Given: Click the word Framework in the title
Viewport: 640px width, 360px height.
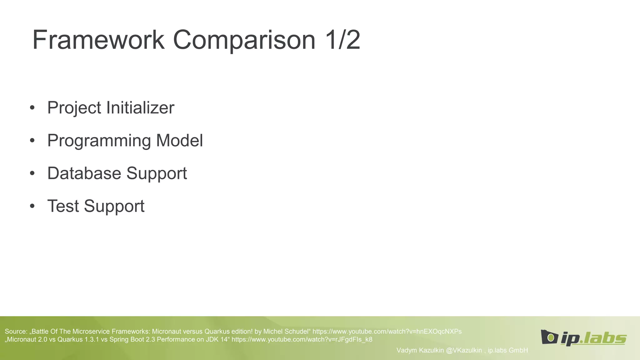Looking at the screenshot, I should (x=98, y=40).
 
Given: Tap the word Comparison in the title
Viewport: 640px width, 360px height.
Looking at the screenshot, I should (x=244, y=40).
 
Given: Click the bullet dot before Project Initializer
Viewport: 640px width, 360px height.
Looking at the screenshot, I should (x=32, y=108).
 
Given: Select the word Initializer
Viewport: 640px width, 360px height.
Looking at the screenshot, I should (x=140, y=108).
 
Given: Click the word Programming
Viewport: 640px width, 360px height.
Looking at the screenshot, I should (x=99, y=141).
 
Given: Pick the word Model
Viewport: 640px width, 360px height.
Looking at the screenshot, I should (x=179, y=140).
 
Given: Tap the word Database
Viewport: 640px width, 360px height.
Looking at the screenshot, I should (x=84, y=173).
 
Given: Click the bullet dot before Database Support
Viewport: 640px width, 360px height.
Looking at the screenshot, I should (x=32, y=174).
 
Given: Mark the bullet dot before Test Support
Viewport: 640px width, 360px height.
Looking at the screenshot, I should (x=32, y=207).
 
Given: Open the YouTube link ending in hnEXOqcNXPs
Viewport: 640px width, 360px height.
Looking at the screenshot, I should (x=387, y=332).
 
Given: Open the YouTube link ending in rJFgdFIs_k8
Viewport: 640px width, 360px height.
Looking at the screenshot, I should (x=302, y=340).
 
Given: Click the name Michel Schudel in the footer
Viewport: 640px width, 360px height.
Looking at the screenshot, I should (x=286, y=332).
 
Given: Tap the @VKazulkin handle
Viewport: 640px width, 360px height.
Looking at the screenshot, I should (x=464, y=350).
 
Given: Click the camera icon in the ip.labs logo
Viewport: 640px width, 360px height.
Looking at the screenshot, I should (x=549, y=337).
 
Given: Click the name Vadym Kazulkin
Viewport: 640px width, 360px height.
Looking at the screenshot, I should (x=420, y=350).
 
